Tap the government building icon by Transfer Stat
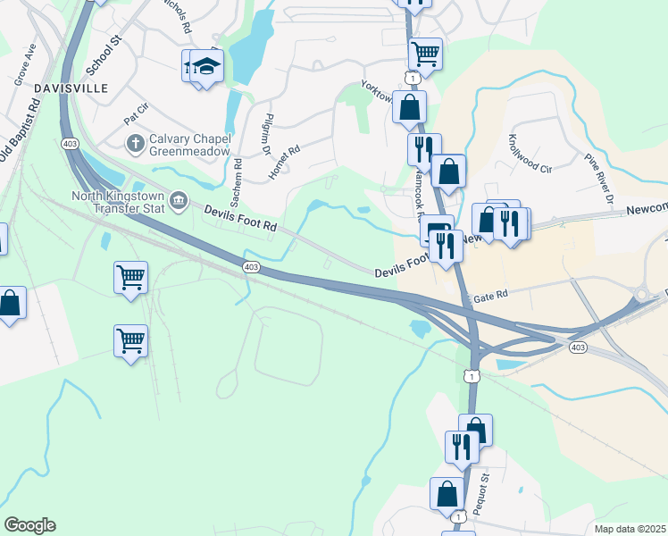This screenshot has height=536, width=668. tap(179, 200)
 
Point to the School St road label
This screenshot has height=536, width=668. tap(103, 56)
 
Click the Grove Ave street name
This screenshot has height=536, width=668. tap(24, 63)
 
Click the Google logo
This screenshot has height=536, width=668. tap(29, 525)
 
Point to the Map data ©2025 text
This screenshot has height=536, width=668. tap(630, 529)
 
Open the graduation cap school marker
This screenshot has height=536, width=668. tap(206, 67)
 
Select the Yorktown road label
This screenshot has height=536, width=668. tap(377, 91)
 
